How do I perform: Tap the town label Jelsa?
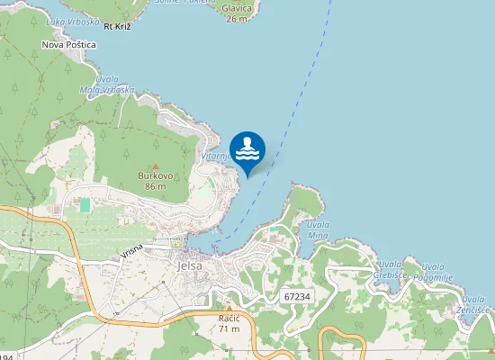(x=190, y=266)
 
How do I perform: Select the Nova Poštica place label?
(x=69, y=43)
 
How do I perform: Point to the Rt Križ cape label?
(x=118, y=27)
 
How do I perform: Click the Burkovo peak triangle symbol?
(x=155, y=166)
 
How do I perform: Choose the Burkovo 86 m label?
(x=155, y=181)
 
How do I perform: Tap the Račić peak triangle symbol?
(x=229, y=309)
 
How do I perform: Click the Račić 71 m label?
(x=229, y=323)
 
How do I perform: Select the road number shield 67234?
(x=296, y=296)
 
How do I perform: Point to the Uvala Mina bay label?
(x=318, y=229)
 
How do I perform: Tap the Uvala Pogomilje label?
(x=433, y=272)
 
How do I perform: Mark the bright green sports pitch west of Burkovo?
(x=85, y=205)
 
